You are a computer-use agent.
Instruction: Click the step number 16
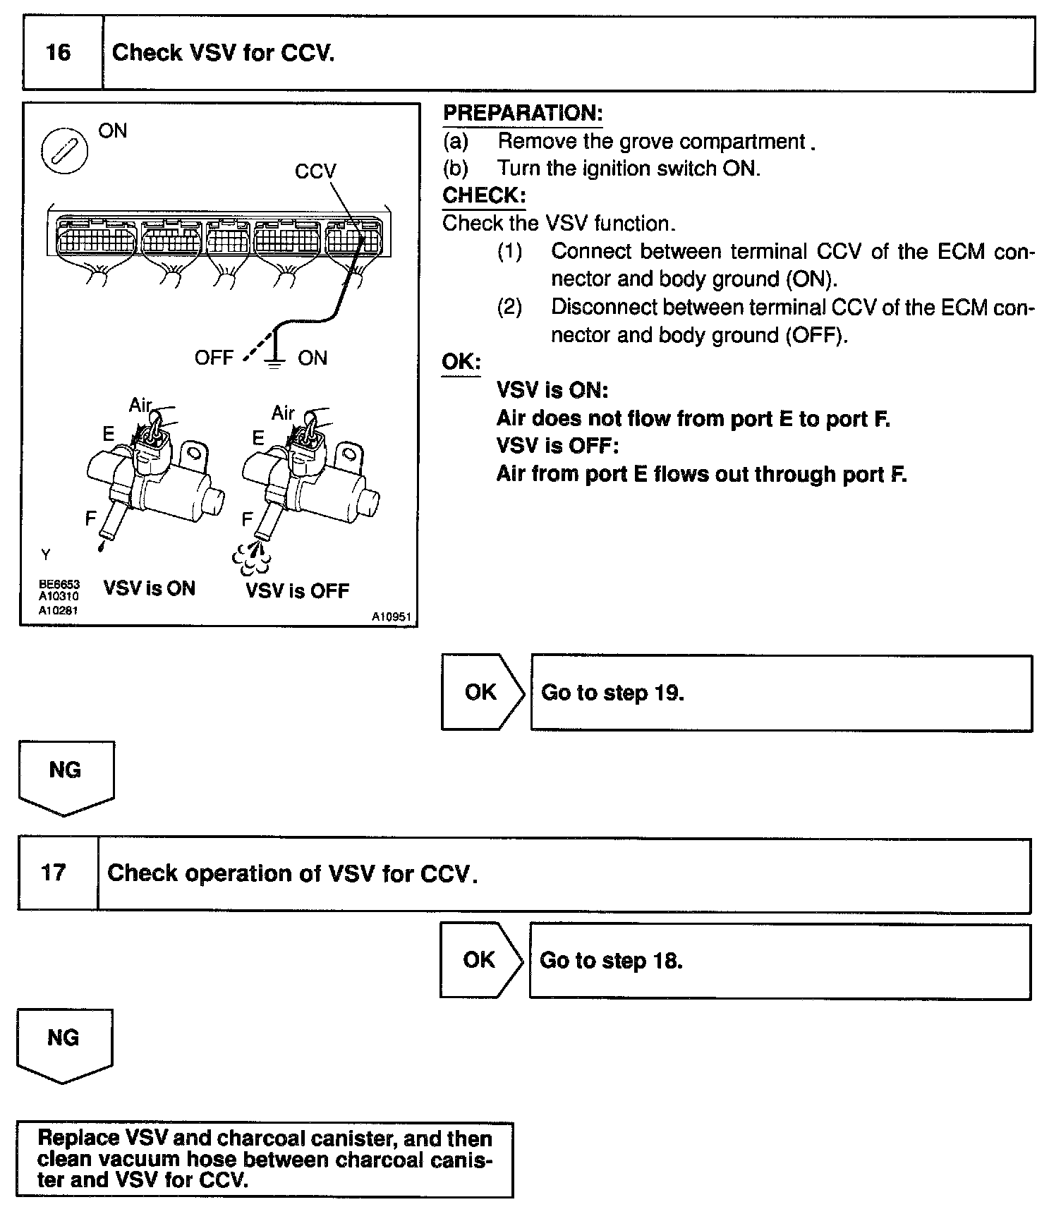point(58,53)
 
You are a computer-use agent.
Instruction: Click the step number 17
point(54,873)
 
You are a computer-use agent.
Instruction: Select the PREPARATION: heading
point(523,114)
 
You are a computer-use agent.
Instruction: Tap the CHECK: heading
point(484,195)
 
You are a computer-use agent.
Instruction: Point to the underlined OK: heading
point(461,362)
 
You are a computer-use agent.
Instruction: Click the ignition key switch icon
point(65,152)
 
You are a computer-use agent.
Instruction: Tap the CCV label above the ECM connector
point(315,171)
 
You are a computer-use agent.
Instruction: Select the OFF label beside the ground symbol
point(214,358)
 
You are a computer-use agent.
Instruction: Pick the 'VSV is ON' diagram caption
point(149,588)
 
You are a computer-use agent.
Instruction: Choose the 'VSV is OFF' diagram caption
point(297,590)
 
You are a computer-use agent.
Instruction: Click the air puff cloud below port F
point(252,557)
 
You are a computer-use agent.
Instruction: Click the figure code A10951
point(392,617)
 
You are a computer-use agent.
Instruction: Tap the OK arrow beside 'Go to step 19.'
point(483,692)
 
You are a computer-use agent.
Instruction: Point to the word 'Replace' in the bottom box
point(78,1139)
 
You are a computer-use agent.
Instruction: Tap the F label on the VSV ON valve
point(90,519)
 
